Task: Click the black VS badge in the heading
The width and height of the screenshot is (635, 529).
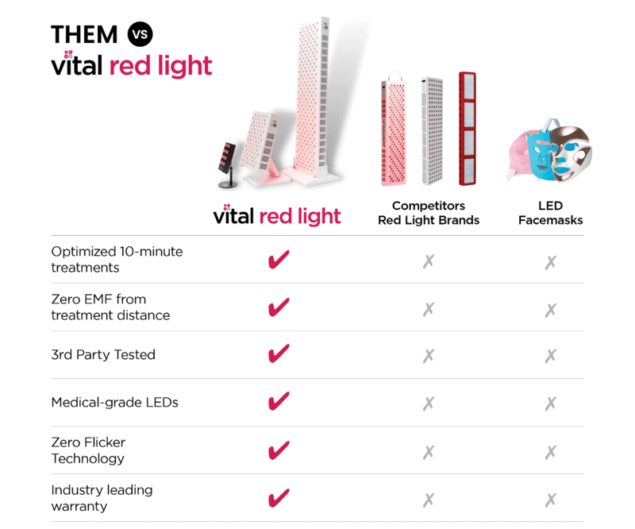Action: pos(139,34)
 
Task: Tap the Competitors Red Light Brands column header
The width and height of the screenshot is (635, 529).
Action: pos(429,213)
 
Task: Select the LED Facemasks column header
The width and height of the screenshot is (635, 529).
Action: pos(550,213)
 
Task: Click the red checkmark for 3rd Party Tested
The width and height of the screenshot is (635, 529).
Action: pos(278,354)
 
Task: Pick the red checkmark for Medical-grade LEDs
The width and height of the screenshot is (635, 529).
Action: pos(278,402)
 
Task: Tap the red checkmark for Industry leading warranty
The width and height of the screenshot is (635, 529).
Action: pos(278,498)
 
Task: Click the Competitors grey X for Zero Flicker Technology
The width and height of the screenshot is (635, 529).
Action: pos(429,451)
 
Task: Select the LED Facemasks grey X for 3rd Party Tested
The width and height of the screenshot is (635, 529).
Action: pos(550,355)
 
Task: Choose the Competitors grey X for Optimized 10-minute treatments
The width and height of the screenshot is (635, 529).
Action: pos(429,261)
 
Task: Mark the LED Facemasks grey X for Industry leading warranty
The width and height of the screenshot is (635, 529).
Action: pos(550,500)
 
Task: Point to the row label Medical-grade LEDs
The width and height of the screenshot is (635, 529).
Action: pos(114,402)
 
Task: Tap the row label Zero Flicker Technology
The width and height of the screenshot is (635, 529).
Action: pos(88,450)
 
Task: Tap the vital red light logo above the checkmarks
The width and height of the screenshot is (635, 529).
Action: pos(277,215)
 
